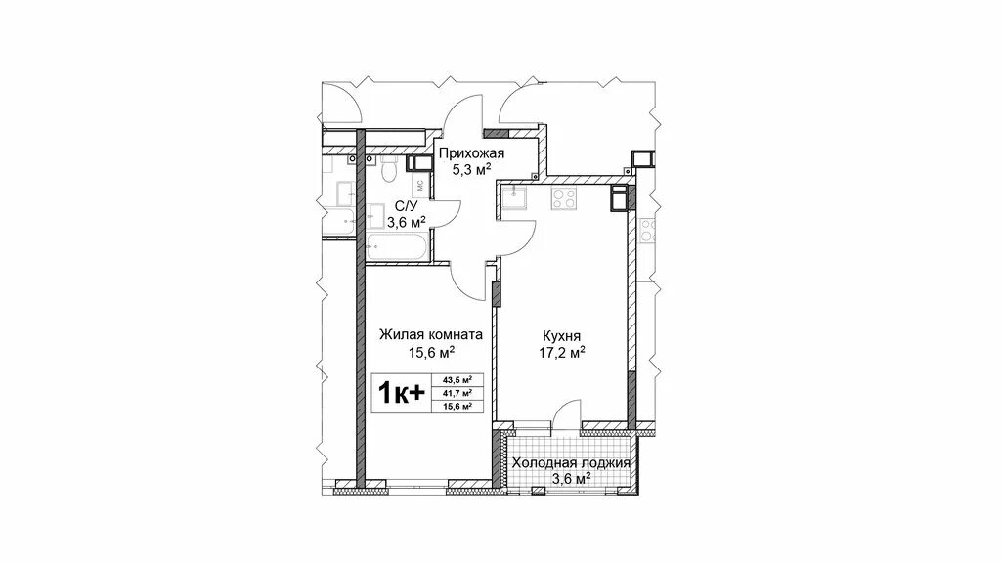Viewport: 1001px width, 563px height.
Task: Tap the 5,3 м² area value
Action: pos(471,169)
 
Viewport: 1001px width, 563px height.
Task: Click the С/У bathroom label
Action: pos(406,206)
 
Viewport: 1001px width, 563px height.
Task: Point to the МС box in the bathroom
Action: pos(420,186)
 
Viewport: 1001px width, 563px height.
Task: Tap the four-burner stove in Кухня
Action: pos(564,198)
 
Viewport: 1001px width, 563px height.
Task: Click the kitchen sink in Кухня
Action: pos(513,197)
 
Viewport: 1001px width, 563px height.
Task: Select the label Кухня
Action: pos(562,336)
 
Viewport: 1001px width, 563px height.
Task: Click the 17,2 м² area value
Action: pos(562,352)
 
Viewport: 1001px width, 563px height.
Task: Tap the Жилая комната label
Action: pos(431,334)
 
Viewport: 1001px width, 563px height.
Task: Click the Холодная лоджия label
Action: pos(571,463)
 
